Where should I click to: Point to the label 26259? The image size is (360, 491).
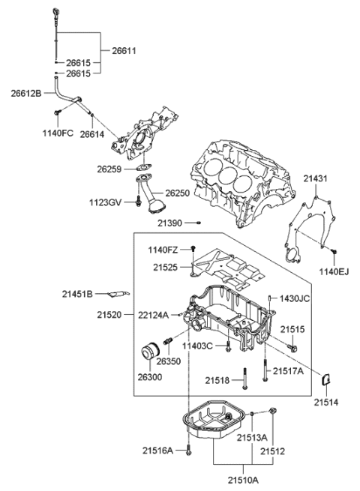pos(110,169)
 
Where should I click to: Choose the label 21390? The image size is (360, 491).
pos(170,223)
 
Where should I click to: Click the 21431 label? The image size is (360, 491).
pos(316,178)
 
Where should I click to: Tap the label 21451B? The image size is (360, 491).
pos(79,294)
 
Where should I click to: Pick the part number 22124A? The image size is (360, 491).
pos(153,316)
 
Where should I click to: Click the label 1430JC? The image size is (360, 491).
pos(294,298)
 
